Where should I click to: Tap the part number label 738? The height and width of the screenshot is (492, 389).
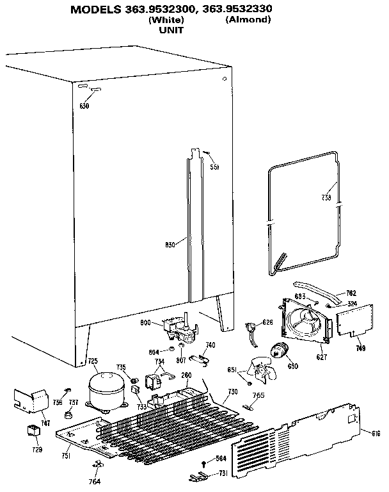[326, 197]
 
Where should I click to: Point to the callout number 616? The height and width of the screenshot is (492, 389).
[376, 434]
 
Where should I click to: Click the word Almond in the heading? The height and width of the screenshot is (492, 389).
[248, 20]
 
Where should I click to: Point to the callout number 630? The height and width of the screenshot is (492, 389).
[84, 105]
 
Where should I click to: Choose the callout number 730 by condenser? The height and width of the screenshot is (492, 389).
[232, 392]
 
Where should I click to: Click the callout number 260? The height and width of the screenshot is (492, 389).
[187, 375]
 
